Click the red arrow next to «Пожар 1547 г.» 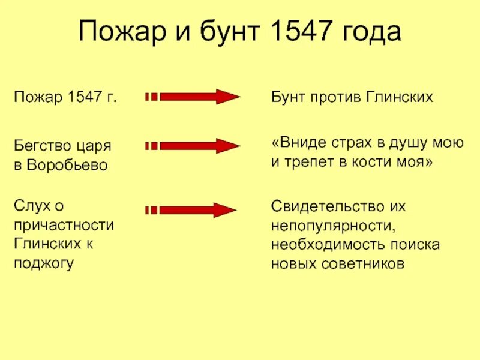pos(193,97)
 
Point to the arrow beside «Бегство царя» pos(193,146)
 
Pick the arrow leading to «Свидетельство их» pos(193,210)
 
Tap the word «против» pos(333,97)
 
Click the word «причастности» pos(64,226)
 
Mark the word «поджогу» pos(43,264)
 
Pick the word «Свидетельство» pos(325,206)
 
